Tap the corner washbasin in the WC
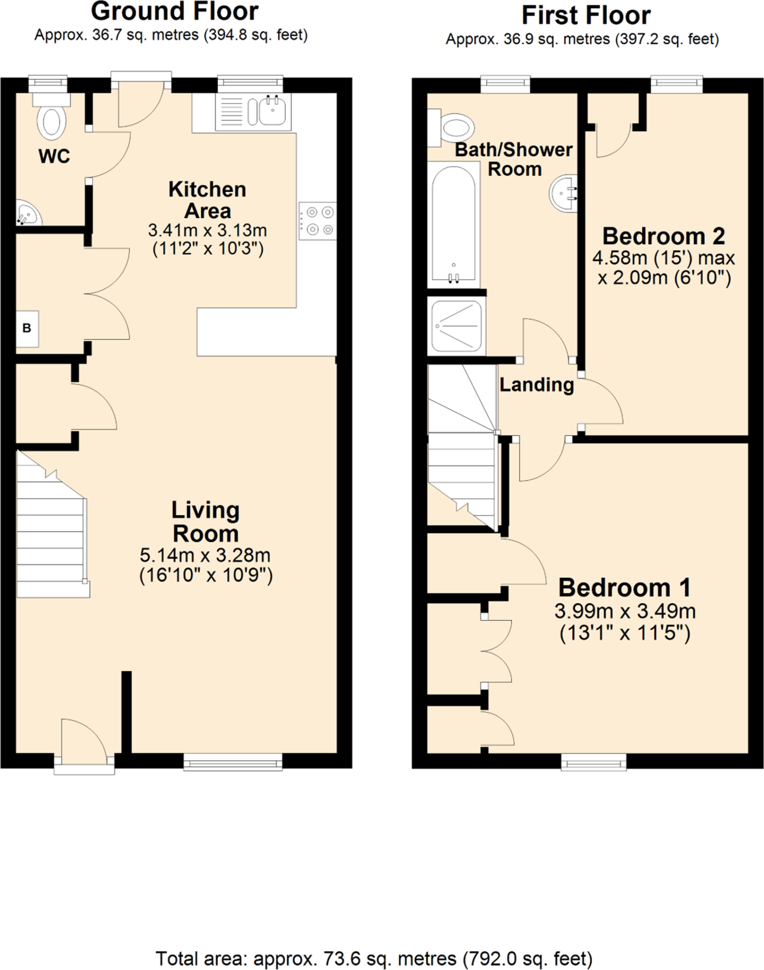pos(27,215)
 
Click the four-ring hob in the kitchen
pos(318,221)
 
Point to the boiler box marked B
pos(27,328)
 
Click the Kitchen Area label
pos(207,200)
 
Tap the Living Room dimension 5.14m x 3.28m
pos(205,555)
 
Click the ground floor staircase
pos(51,530)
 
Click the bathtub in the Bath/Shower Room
pos(453,225)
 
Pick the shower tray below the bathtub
pos(456,326)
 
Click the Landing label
pos(536,385)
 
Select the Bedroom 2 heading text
pos(664,236)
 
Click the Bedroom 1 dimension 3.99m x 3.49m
pos(625,611)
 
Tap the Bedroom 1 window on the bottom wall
pos(594,762)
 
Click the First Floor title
pos(586,15)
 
